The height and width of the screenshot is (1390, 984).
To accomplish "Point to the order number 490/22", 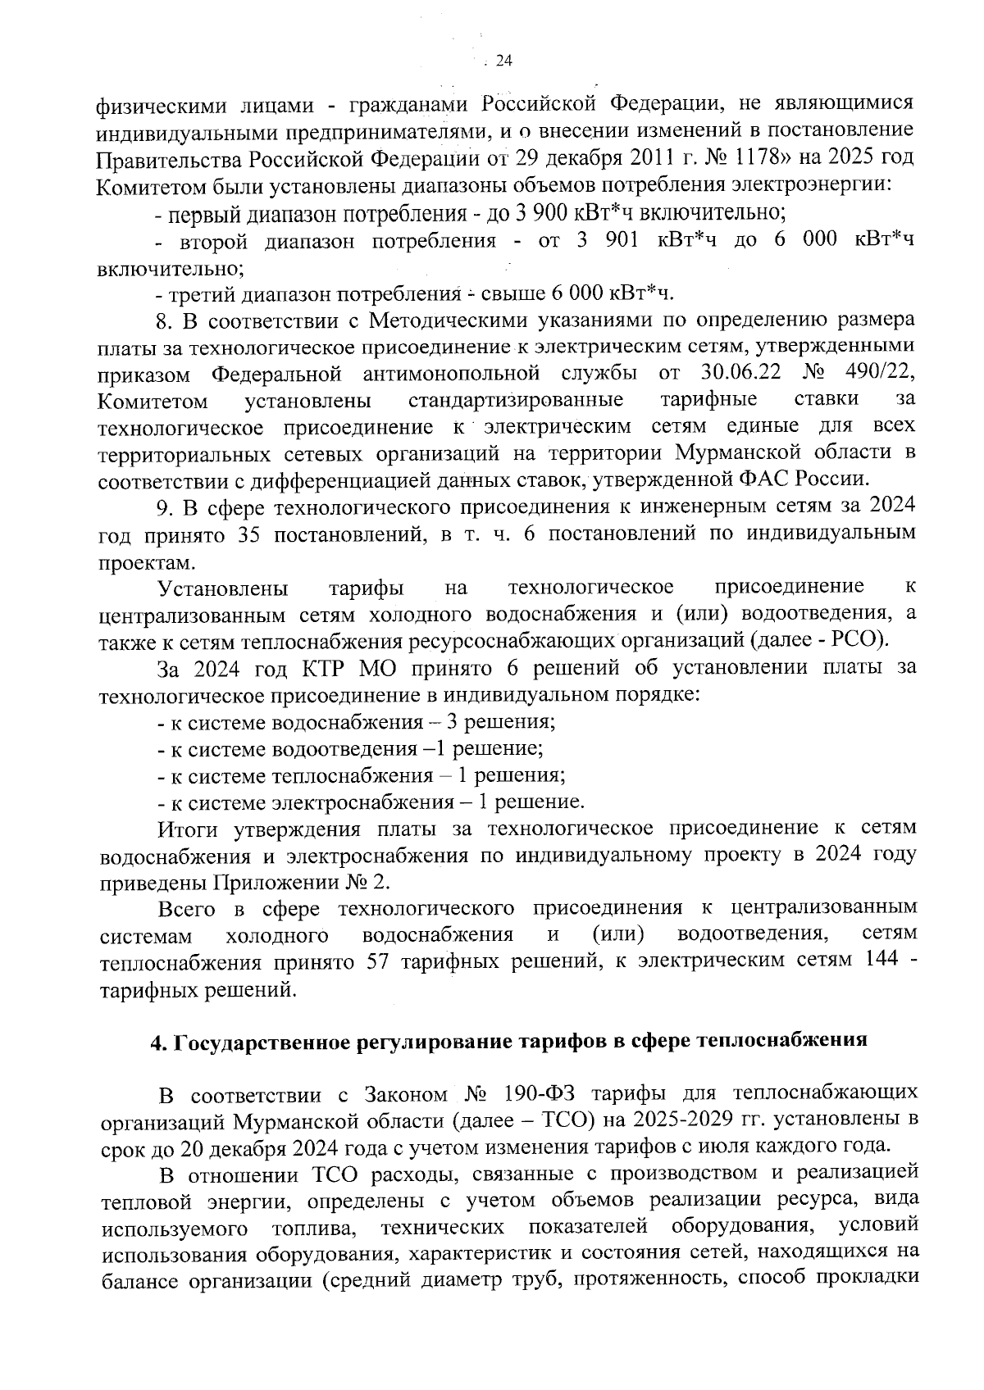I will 881,373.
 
